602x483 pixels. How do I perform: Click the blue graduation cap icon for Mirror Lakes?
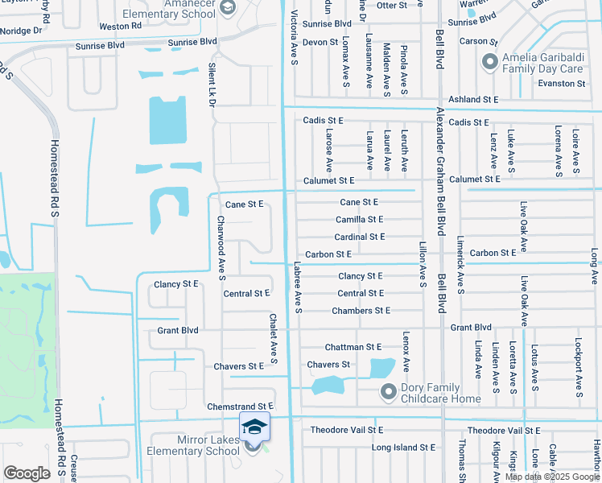[x=254, y=427]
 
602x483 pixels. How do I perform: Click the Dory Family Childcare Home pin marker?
[x=389, y=391]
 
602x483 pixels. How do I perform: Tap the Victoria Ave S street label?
[x=295, y=35]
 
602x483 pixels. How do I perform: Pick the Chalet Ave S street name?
[x=273, y=338]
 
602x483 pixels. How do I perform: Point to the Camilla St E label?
[x=359, y=219]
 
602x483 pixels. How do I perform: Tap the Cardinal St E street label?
[x=360, y=237]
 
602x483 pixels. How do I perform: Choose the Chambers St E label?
[x=361, y=311]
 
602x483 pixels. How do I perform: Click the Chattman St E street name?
[x=353, y=347]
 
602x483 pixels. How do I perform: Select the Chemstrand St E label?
[x=241, y=407]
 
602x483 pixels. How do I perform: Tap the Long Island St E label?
[x=403, y=447]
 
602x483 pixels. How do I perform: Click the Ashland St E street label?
[x=473, y=99]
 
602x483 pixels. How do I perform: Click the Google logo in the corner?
[x=27, y=473]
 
